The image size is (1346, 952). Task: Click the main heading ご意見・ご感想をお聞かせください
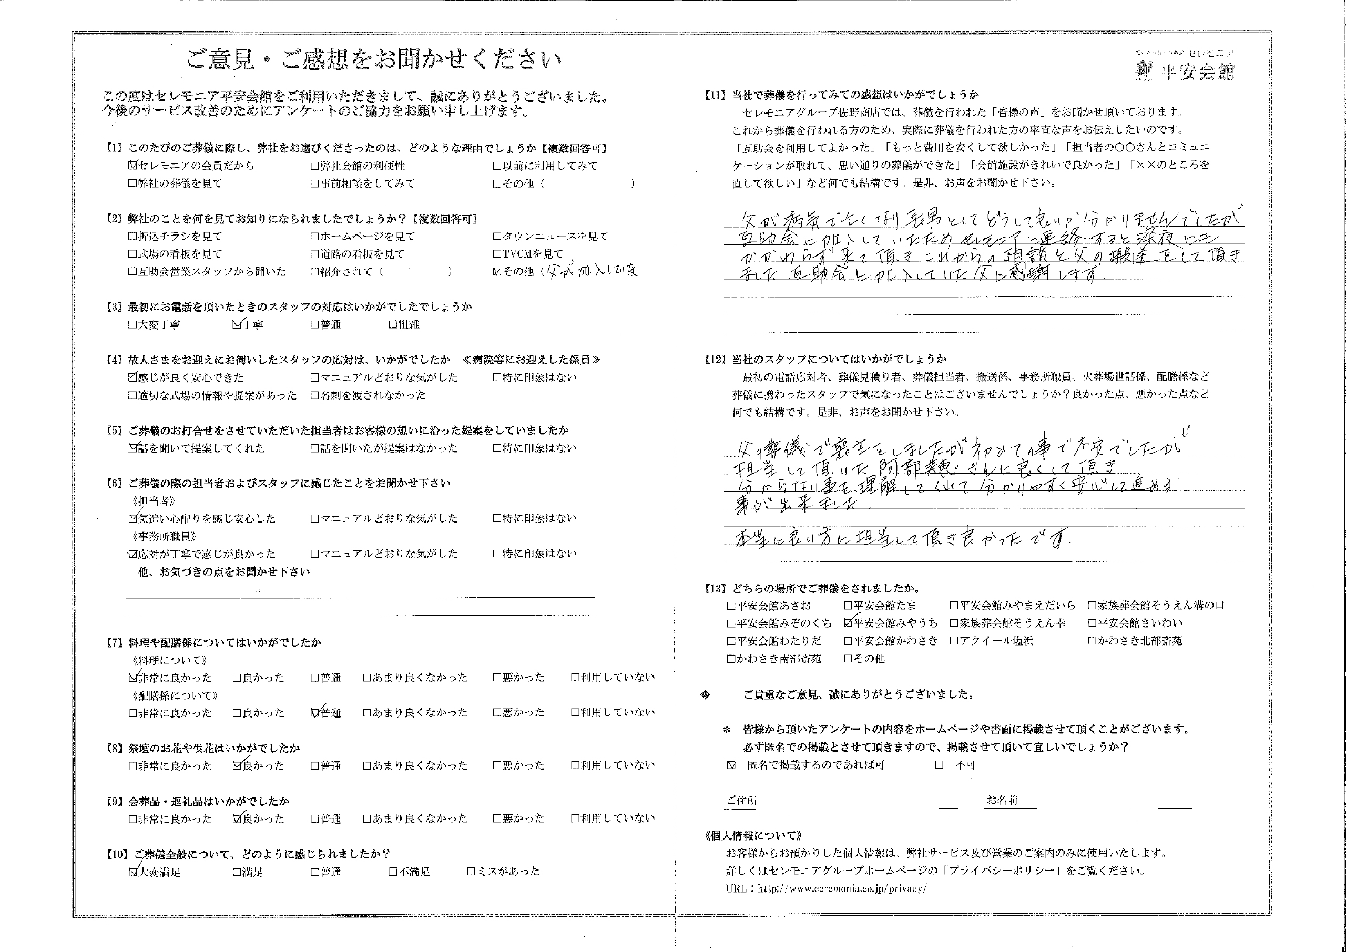click(x=373, y=60)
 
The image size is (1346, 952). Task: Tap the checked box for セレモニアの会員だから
click(x=132, y=166)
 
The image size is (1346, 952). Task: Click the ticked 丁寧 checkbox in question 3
click(x=237, y=325)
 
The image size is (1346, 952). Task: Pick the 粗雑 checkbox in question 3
click(x=393, y=325)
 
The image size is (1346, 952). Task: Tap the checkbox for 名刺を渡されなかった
click(x=315, y=396)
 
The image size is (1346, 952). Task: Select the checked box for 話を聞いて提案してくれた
click(x=132, y=448)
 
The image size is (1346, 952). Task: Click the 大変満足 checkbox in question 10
click(x=132, y=872)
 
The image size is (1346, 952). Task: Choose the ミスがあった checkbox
click(x=471, y=872)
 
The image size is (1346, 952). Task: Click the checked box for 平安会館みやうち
click(x=848, y=623)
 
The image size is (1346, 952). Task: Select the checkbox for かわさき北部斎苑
click(x=1092, y=641)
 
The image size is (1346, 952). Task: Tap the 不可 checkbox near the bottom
click(x=940, y=765)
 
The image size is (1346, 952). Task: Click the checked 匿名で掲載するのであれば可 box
click(x=731, y=765)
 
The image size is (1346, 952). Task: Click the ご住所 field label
click(x=741, y=801)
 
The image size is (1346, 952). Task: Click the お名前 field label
click(x=1002, y=801)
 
